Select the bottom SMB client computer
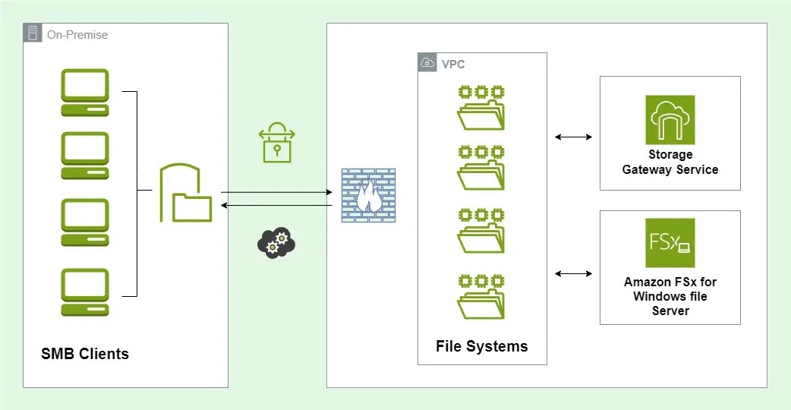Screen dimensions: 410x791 (x=85, y=292)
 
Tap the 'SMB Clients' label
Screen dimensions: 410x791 (x=85, y=354)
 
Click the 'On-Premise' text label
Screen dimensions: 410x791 (x=77, y=34)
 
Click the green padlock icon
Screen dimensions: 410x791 (x=276, y=143)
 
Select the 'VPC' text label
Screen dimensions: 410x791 (x=453, y=65)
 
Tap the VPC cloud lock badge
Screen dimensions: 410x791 (x=428, y=63)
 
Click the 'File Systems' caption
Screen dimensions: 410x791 (x=481, y=346)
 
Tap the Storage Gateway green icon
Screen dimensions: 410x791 (x=670, y=119)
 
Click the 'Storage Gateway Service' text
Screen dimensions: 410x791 (x=670, y=162)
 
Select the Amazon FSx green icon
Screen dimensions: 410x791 (x=670, y=243)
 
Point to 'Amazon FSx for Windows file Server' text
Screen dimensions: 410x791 (x=670, y=296)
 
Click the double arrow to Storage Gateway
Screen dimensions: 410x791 (x=573, y=137)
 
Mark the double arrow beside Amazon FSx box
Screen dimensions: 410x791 (x=573, y=273)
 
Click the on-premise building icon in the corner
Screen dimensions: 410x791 (x=33, y=33)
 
